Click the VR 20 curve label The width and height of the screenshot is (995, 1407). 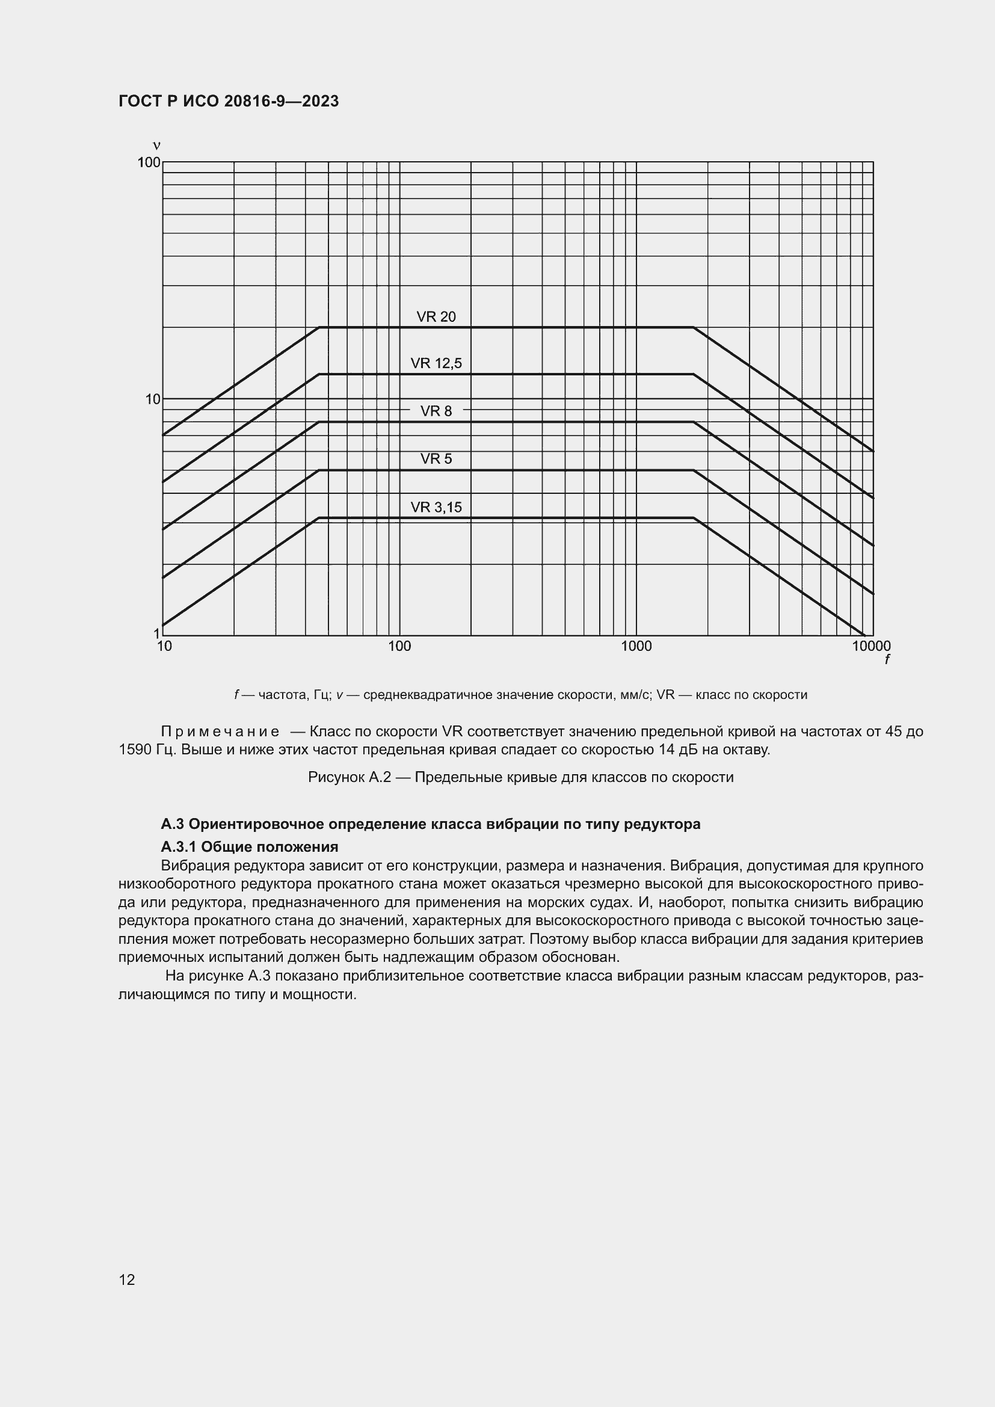(436, 317)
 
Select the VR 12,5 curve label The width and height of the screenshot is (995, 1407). (436, 363)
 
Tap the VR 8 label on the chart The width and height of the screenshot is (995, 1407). (436, 411)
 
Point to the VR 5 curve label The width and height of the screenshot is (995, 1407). (436, 459)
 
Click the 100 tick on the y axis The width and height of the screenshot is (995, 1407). (149, 162)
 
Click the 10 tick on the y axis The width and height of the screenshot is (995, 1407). (153, 399)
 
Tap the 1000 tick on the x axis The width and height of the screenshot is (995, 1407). (636, 646)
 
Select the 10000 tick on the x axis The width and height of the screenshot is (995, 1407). (871, 646)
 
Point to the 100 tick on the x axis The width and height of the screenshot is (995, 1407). (399, 646)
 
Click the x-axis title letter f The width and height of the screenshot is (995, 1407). (887, 660)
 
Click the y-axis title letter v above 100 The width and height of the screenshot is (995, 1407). (156, 146)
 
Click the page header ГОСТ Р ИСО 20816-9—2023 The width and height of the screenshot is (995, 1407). (229, 102)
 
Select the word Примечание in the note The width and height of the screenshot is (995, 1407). (220, 731)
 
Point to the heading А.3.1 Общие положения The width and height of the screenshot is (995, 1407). (250, 847)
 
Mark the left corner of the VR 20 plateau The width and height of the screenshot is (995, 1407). (319, 327)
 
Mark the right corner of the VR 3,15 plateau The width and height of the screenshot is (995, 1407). (694, 519)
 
